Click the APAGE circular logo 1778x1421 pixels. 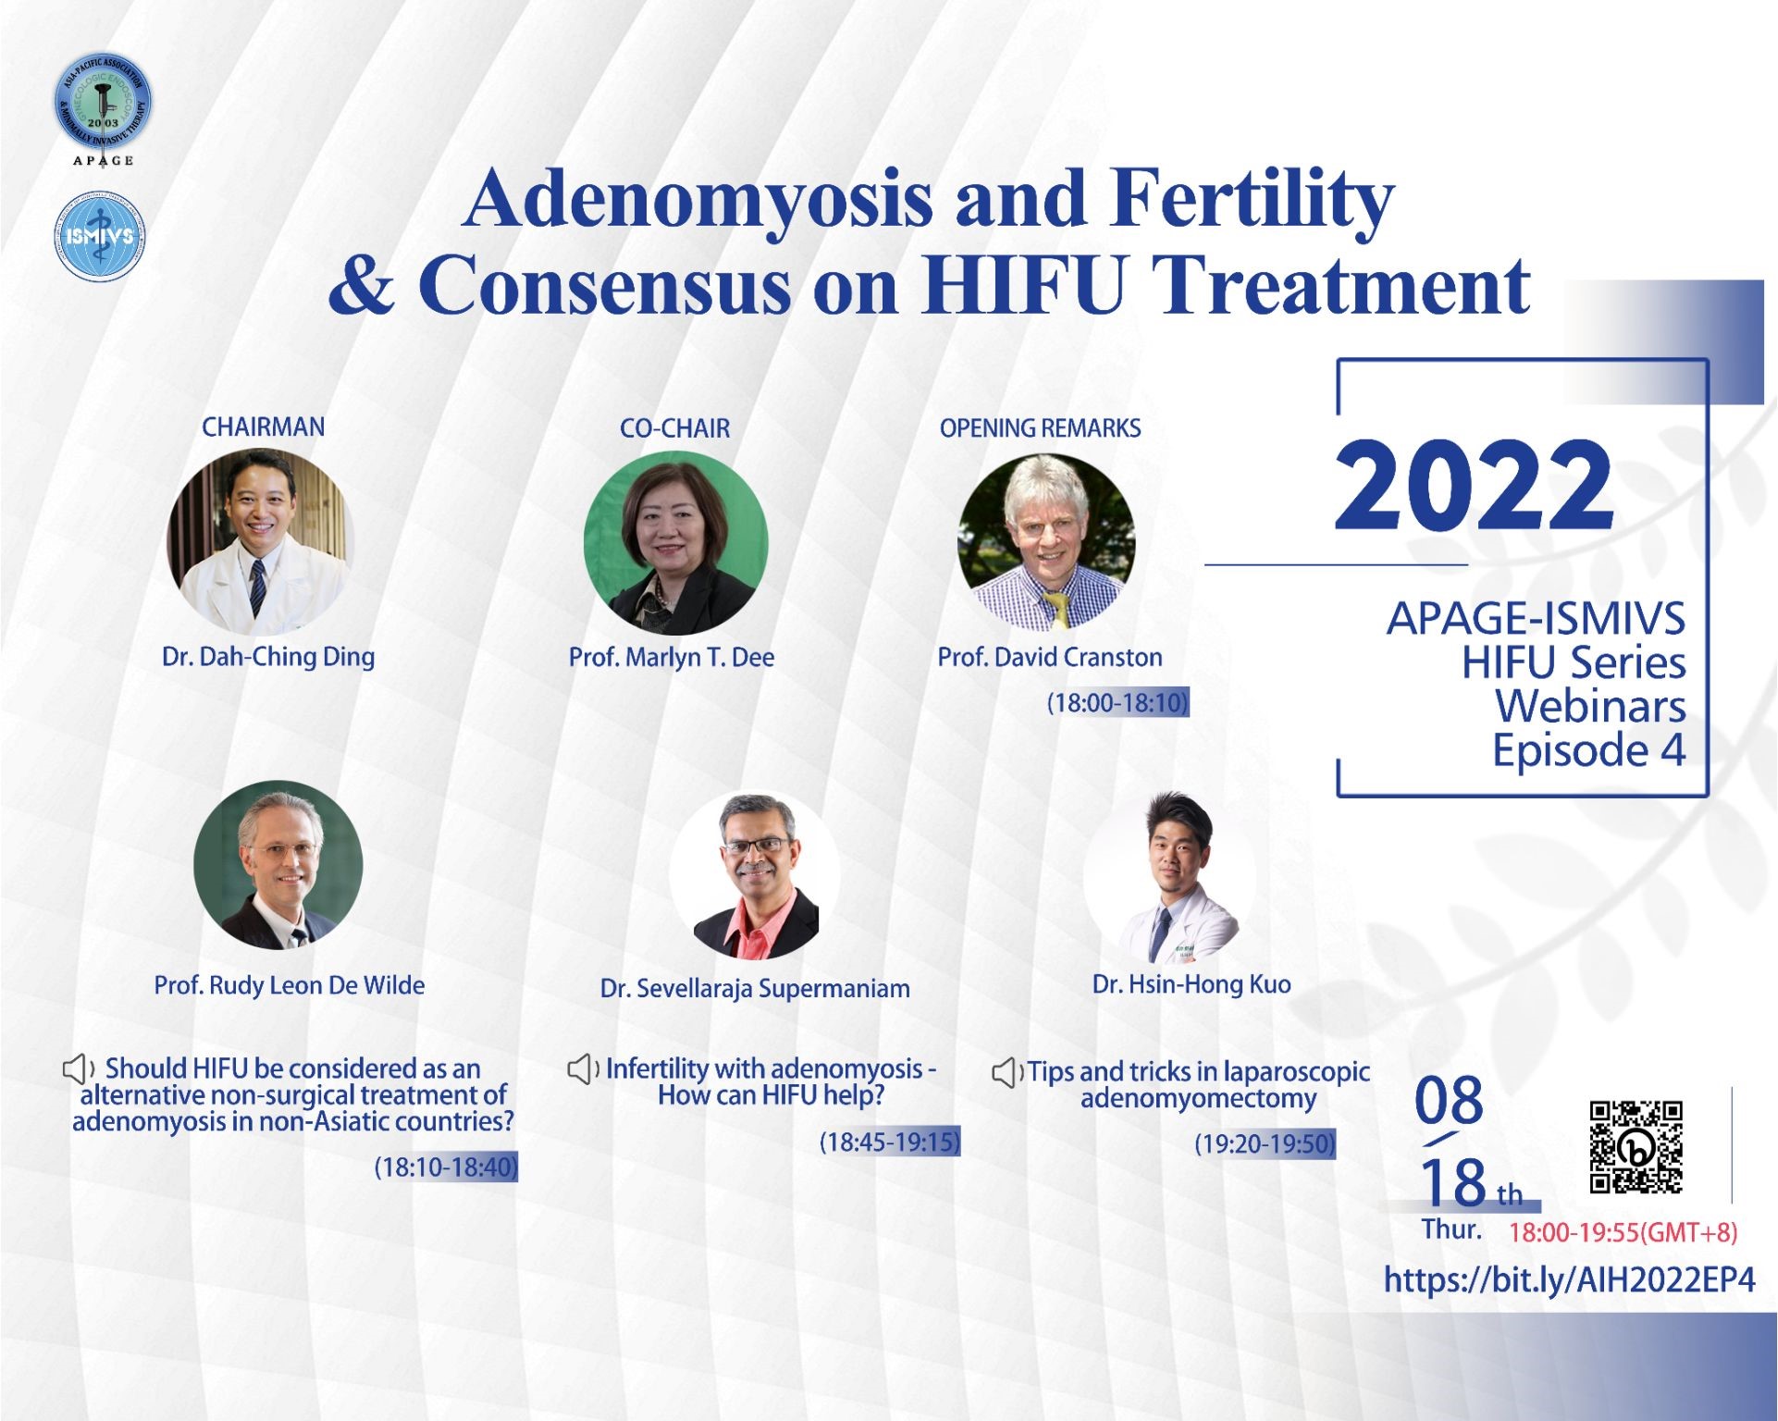pos(103,102)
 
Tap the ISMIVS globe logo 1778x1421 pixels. pos(100,237)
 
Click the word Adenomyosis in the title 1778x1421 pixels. pos(698,200)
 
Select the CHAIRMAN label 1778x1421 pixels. pos(264,426)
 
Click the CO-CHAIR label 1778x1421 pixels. pos(674,428)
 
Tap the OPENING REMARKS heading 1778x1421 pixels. pos(1040,428)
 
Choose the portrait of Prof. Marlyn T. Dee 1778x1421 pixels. pos(675,543)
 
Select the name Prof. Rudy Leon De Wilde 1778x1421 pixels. pos(290,985)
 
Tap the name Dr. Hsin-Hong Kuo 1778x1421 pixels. pos(1192,983)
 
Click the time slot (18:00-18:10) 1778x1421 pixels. pos(1117,702)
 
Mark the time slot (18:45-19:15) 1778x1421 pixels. pos(890,1142)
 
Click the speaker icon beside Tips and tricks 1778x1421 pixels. pos(1007,1072)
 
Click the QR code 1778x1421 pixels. pos(1636,1147)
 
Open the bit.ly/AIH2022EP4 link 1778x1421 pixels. pos(1569,1279)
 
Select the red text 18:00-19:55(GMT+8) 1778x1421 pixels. pos(1624,1232)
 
